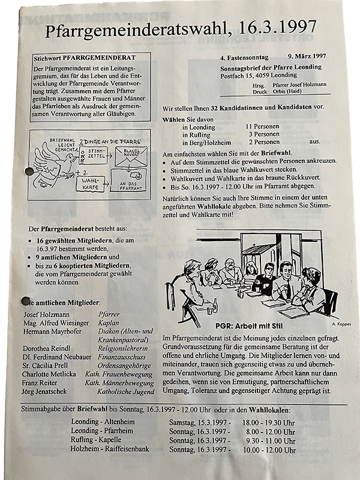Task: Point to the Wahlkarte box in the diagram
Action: coord(88,182)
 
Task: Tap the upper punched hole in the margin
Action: coord(25,174)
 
